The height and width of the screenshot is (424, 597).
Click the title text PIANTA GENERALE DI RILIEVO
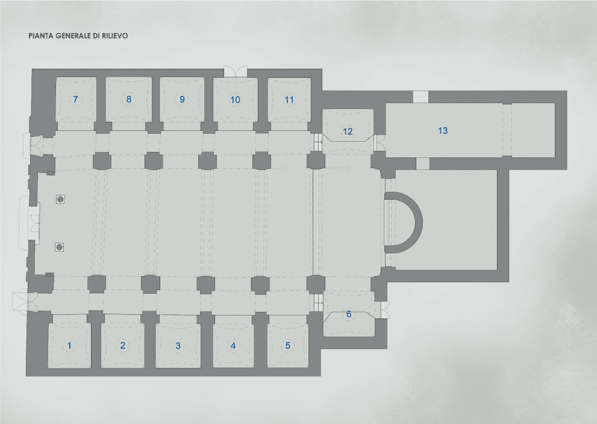pos(78,36)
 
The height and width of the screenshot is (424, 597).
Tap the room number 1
pos(70,346)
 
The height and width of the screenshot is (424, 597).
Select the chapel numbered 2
pos(123,346)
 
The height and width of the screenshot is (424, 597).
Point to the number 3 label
pos(178,346)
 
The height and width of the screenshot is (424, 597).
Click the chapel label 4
pos(233,346)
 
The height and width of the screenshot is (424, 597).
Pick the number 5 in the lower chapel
pos(288,346)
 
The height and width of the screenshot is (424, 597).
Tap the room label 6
pos(348,314)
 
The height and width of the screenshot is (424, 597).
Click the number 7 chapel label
pos(75,100)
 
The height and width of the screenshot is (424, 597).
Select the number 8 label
pos(128,100)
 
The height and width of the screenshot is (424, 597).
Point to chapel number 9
pos(183,100)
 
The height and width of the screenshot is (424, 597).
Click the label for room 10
pos(235,100)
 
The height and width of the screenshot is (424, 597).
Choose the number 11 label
pos(289,100)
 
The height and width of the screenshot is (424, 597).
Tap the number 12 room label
pos(348,131)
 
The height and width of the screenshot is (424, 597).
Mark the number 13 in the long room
pos(443,130)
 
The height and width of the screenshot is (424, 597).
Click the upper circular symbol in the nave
pos(60,198)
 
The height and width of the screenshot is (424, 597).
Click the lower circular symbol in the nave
pos(59,246)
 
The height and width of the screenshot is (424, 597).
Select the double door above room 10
pos(235,71)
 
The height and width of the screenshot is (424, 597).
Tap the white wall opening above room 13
pos(420,97)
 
